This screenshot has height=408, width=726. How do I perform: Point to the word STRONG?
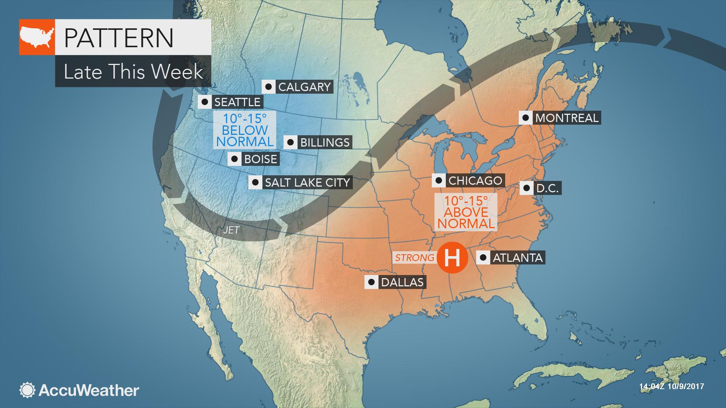click(x=415, y=258)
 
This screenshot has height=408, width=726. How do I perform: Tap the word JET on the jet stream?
click(x=231, y=230)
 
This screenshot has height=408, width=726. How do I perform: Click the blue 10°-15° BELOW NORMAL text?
click(x=245, y=130)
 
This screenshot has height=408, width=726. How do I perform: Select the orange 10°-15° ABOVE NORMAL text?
click(x=465, y=212)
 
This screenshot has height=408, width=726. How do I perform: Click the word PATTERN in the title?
click(x=119, y=37)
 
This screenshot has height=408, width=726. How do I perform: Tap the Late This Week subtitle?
click(x=133, y=71)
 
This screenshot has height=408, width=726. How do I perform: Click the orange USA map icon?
click(x=37, y=37)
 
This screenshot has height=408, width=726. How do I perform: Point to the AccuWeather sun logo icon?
click(x=27, y=390)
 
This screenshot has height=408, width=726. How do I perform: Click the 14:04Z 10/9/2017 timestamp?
click(x=671, y=386)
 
